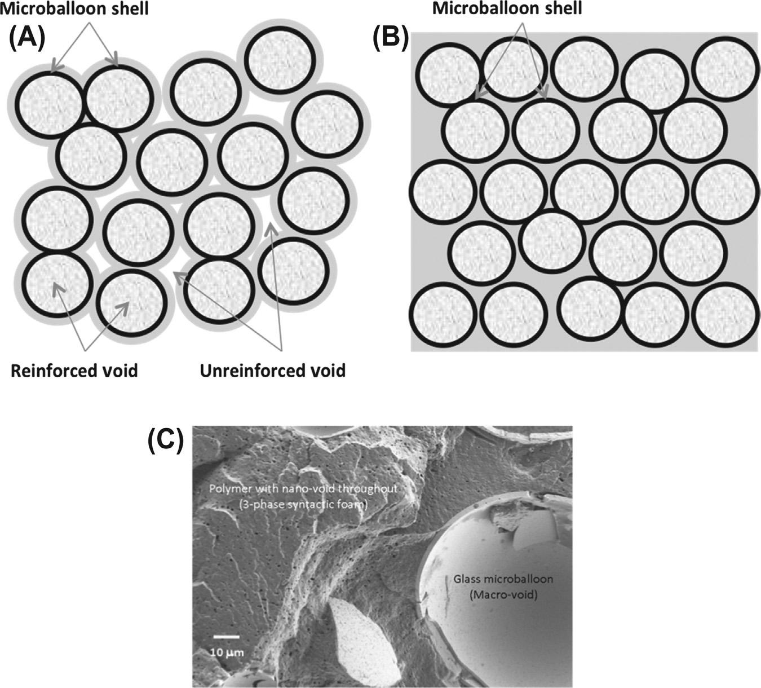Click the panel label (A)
pos(27,39)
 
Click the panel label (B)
pos(391,39)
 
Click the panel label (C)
pos(165,441)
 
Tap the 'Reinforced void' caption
pos(74,371)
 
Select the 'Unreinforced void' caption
pos(273,371)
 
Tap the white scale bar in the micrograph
pos(227,637)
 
